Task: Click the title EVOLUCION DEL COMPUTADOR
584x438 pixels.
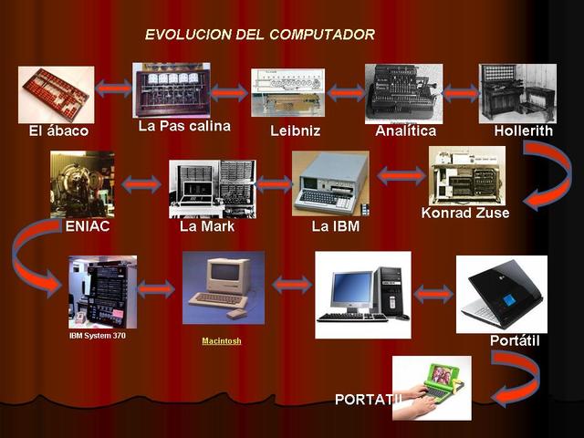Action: point(259,35)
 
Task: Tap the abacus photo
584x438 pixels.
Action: point(56,94)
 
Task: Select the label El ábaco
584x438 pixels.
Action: point(58,131)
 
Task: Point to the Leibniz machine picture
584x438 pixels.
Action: point(287,92)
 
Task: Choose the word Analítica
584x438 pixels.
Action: point(405,130)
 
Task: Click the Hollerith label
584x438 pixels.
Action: point(523,130)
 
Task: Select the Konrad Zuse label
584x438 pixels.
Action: point(465,213)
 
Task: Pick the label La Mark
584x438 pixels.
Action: point(207,226)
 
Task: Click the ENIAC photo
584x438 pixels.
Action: point(82,183)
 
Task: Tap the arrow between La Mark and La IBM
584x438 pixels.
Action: point(274,184)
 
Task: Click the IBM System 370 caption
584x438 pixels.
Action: point(98,336)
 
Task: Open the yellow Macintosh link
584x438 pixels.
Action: point(222,340)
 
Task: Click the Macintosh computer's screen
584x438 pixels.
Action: point(224,272)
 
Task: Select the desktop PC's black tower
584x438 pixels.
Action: point(391,292)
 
